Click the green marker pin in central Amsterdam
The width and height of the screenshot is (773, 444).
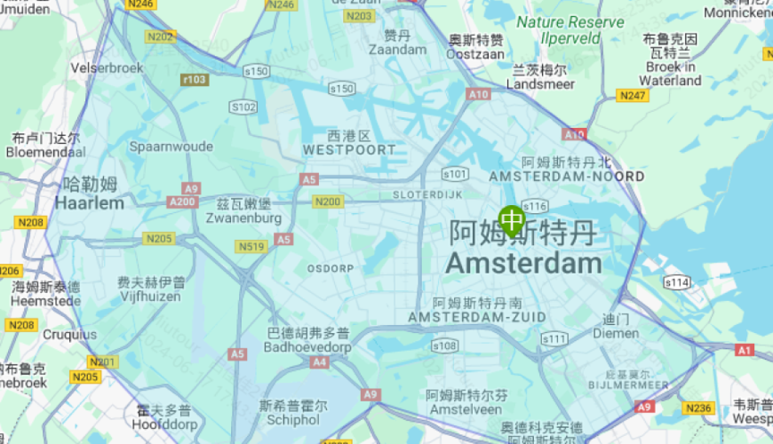pos(512,219)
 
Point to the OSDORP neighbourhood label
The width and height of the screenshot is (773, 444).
pos(331,267)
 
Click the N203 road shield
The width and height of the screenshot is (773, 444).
pos(360,16)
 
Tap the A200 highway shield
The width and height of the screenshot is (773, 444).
pos(181,202)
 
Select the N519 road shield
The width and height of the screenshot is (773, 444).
pos(251,246)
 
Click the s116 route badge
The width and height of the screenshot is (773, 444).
pos(535,206)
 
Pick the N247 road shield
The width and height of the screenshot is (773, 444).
pos(633,95)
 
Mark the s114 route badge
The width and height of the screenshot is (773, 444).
pos(678,282)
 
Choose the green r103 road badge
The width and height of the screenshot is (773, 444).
pos(195,80)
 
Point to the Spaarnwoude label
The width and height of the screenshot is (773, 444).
pos(171,146)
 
